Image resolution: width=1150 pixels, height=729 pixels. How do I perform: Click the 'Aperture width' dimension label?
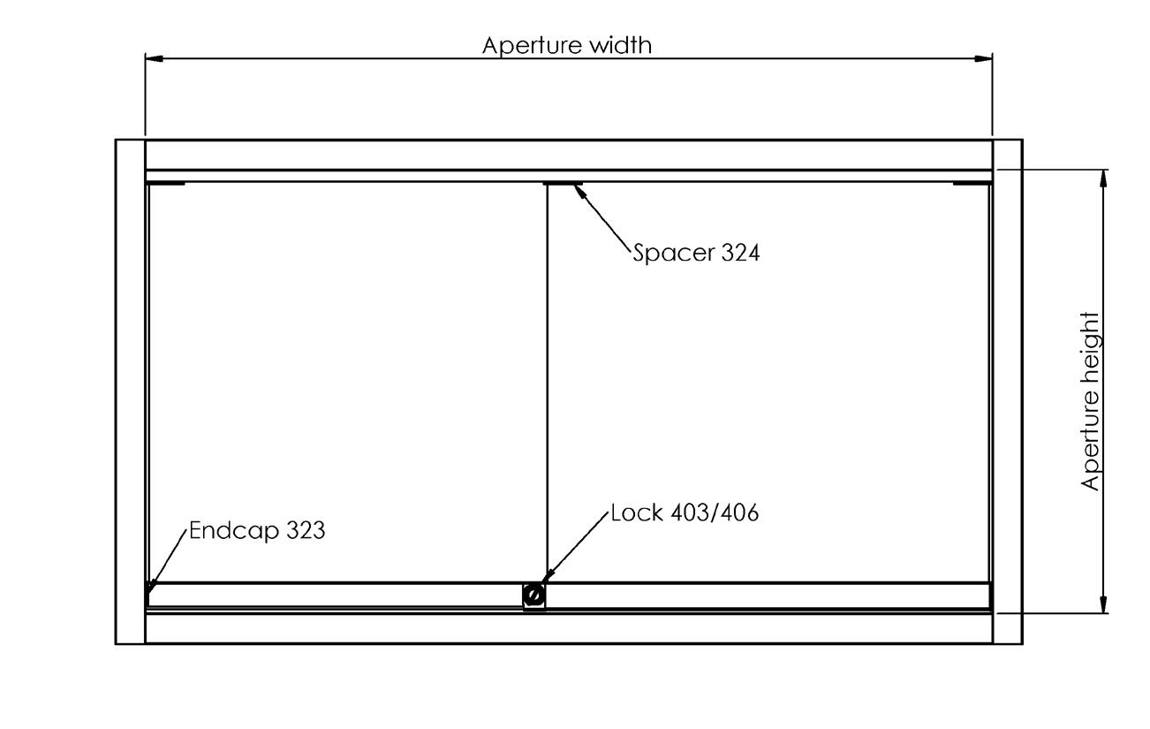(567, 46)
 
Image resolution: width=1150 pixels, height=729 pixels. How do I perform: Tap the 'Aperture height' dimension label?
(1092, 400)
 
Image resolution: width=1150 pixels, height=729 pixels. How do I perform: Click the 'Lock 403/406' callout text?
(685, 513)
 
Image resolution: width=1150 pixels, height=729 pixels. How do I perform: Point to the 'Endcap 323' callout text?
(257, 531)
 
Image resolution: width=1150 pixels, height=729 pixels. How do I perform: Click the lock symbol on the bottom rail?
(533, 596)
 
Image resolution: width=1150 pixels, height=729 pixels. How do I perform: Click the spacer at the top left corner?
(166, 184)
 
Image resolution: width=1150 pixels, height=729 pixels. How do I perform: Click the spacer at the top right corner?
(971, 184)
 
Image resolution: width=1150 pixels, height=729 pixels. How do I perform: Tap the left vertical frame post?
(131, 391)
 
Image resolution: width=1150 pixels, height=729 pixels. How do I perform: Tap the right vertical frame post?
(1007, 391)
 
